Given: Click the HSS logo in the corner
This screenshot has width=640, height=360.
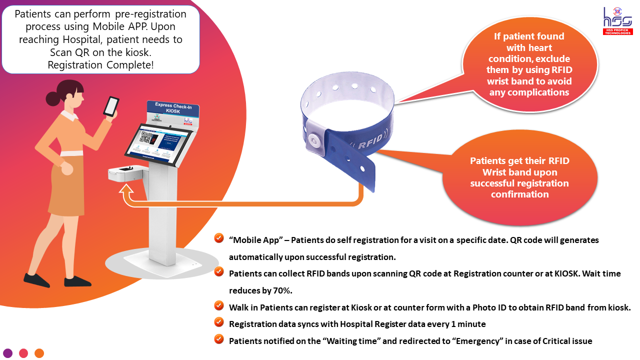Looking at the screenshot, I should (617, 20).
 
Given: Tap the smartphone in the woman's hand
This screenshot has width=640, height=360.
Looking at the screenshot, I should (111, 106).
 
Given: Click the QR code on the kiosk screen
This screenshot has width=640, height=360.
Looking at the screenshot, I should (147, 137).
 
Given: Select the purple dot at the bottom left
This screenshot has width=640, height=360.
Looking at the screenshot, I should (8, 353).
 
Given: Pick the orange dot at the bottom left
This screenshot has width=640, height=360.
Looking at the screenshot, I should (39, 353).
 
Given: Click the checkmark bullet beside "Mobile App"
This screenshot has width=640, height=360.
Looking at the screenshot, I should (218, 238).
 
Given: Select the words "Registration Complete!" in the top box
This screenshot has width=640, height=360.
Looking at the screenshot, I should (100, 64).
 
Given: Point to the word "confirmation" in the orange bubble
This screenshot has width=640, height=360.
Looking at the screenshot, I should (519, 194).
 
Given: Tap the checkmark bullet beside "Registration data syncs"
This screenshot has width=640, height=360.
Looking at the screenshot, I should (218, 322).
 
